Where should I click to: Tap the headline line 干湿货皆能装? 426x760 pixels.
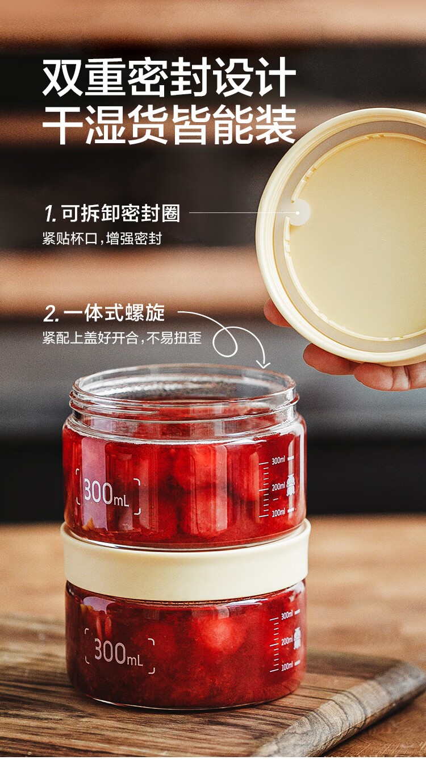pyautogui.click(x=169, y=125)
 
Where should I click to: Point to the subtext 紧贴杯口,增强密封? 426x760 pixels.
pyautogui.click(x=102, y=239)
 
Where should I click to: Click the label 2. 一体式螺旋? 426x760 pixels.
pyautogui.click(x=104, y=313)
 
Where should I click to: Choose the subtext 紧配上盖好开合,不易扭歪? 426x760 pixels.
pyautogui.click(x=122, y=338)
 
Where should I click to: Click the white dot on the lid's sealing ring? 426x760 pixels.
pyautogui.click(x=298, y=213)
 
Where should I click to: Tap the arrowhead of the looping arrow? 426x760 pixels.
pyautogui.click(x=263, y=365)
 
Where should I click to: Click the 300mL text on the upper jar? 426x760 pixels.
pyautogui.click(x=107, y=494)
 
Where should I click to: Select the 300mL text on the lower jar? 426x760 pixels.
pyautogui.click(x=118, y=652)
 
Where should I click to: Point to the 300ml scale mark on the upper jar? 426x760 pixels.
pyautogui.click(x=278, y=461)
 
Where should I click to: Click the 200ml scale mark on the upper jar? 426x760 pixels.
pyautogui.click(x=278, y=487)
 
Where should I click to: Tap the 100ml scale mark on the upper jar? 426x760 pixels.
pyautogui.click(x=278, y=512)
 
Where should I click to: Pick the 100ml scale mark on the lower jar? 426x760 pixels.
pyautogui.click(x=287, y=666)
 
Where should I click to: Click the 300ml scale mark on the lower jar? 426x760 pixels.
pyautogui.click(x=287, y=615)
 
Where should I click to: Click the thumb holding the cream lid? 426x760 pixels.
pyautogui.click(x=275, y=314)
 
